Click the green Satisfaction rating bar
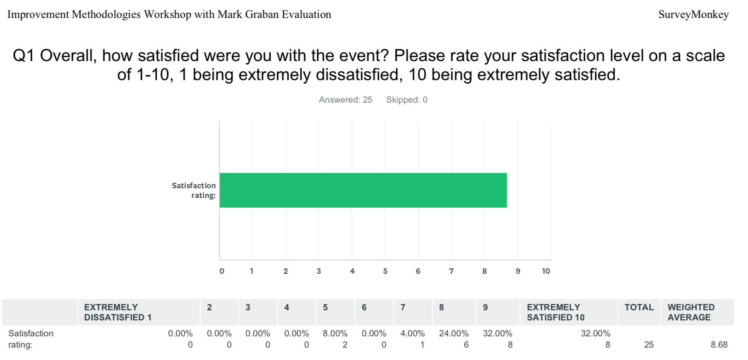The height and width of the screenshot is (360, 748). click(x=363, y=190)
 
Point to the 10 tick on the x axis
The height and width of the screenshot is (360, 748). click(x=546, y=271)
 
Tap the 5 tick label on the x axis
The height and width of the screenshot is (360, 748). click(x=385, y=271)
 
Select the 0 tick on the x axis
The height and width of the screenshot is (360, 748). click(x=222, y=271)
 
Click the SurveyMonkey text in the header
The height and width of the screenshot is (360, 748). click(x=694, y=15)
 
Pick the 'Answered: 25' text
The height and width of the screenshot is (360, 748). click(x=346, y=100)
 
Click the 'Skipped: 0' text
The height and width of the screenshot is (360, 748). click(x=407, y=100)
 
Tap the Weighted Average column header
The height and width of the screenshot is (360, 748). click(x=691, y=312)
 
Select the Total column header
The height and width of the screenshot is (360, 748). click(x=639, y=307)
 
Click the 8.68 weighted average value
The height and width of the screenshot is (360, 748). click(x=719, y=345)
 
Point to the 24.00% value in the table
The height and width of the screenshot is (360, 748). click(x=454, y=334)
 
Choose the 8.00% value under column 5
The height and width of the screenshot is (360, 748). click(x=335, y=334)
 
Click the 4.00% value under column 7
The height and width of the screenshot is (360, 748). click(x=412, y=334)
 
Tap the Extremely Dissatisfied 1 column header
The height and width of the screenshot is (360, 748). click(x=118, y=312)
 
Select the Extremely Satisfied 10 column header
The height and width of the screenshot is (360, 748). click(x=556, y=312)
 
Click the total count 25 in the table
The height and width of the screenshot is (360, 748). click(x=649, y=345)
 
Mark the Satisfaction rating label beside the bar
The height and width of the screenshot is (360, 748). click(x=194, y=190)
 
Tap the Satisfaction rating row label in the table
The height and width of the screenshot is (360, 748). click(x=31, y=339)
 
